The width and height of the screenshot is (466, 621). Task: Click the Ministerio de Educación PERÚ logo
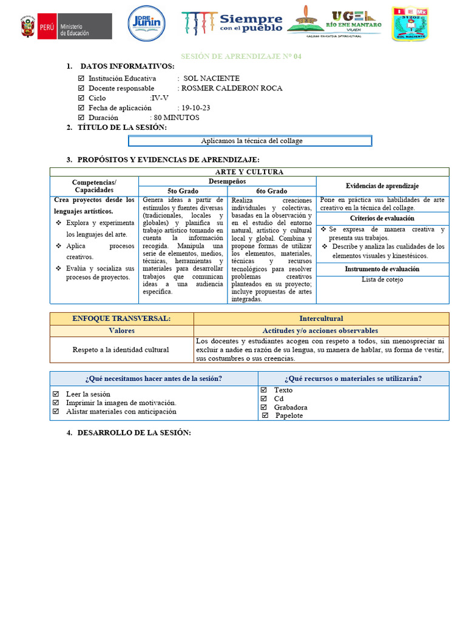pyautogui.click(x=66, y=27)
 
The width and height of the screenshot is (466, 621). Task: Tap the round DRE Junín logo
pyautogui.click(x=146, y=25)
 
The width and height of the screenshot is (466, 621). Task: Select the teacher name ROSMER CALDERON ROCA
pyautogui.click(x=232, y=88)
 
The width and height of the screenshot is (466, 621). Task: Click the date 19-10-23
pyautogui.click(x=195, y=108)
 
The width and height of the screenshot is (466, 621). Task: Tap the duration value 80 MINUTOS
pyautogui.click(x=177, y=118)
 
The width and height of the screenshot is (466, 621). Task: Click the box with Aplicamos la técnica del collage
pyautogui.click(x=250, y=141)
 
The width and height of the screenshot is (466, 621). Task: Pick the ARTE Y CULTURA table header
pyautogui.click(x=249, y=172)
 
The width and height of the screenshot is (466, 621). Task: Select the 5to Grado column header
pyautogui.click(x=183, y=191)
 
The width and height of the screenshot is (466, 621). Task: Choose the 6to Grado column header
pyautogui.click(x=271, y=191)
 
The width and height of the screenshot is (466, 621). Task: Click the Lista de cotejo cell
pyautogui.click(x=382, y=280)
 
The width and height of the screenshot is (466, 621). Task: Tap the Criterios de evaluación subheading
pyautogui.click(x=382, y=218)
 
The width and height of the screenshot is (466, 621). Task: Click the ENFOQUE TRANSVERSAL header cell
pyautogui.click(x=121, y=318)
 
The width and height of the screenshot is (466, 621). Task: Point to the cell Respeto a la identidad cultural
pyautogui.click(x=121, y=349)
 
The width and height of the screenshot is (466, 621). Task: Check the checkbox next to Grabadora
pyautogui.click(x=263, y=407)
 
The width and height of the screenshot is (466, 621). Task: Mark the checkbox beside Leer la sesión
pyautogui.click(x=56, y=394)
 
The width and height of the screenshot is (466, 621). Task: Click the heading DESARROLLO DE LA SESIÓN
pyautogui.click(x=133, y=432)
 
